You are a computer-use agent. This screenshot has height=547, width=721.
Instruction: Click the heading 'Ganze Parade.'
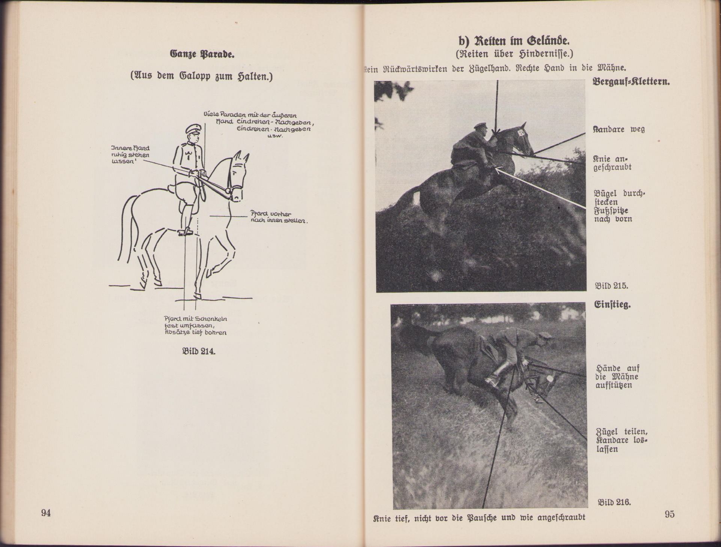tap(202, 54)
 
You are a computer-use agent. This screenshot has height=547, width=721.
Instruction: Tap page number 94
tap(46, 513)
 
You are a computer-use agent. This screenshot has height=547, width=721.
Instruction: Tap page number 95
tap(669, 514)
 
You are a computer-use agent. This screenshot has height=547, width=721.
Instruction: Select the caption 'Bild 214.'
tap(199, 352)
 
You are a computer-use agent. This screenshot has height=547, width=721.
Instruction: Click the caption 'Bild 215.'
tap(611, 286)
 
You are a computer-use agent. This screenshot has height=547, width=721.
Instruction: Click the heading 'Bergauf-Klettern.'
tap(631, 81)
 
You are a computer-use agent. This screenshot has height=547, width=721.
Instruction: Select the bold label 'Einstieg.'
tap(612, 305)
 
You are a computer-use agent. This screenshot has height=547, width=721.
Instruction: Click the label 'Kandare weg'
tap(618, 129)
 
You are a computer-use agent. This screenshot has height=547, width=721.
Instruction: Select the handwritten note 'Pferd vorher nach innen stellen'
tap(279, 217)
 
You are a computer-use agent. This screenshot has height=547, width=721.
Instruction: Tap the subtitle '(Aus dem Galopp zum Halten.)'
tap(201, 77)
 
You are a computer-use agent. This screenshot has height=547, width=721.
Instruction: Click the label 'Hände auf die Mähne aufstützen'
tap(617, 377)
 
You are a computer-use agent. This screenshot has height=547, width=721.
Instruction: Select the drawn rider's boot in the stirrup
tap(186, 230)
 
